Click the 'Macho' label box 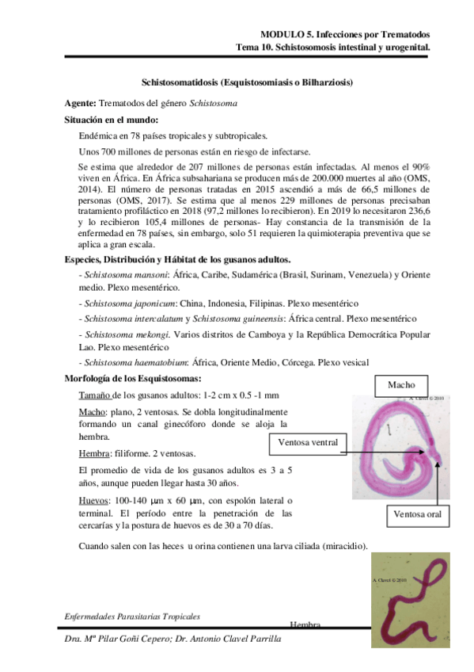401,384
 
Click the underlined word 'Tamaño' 95,395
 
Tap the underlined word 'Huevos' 94,502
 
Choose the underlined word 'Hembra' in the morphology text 95,454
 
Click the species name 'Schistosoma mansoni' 125,273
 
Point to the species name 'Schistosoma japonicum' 127,304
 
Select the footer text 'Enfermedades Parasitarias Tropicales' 132,616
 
